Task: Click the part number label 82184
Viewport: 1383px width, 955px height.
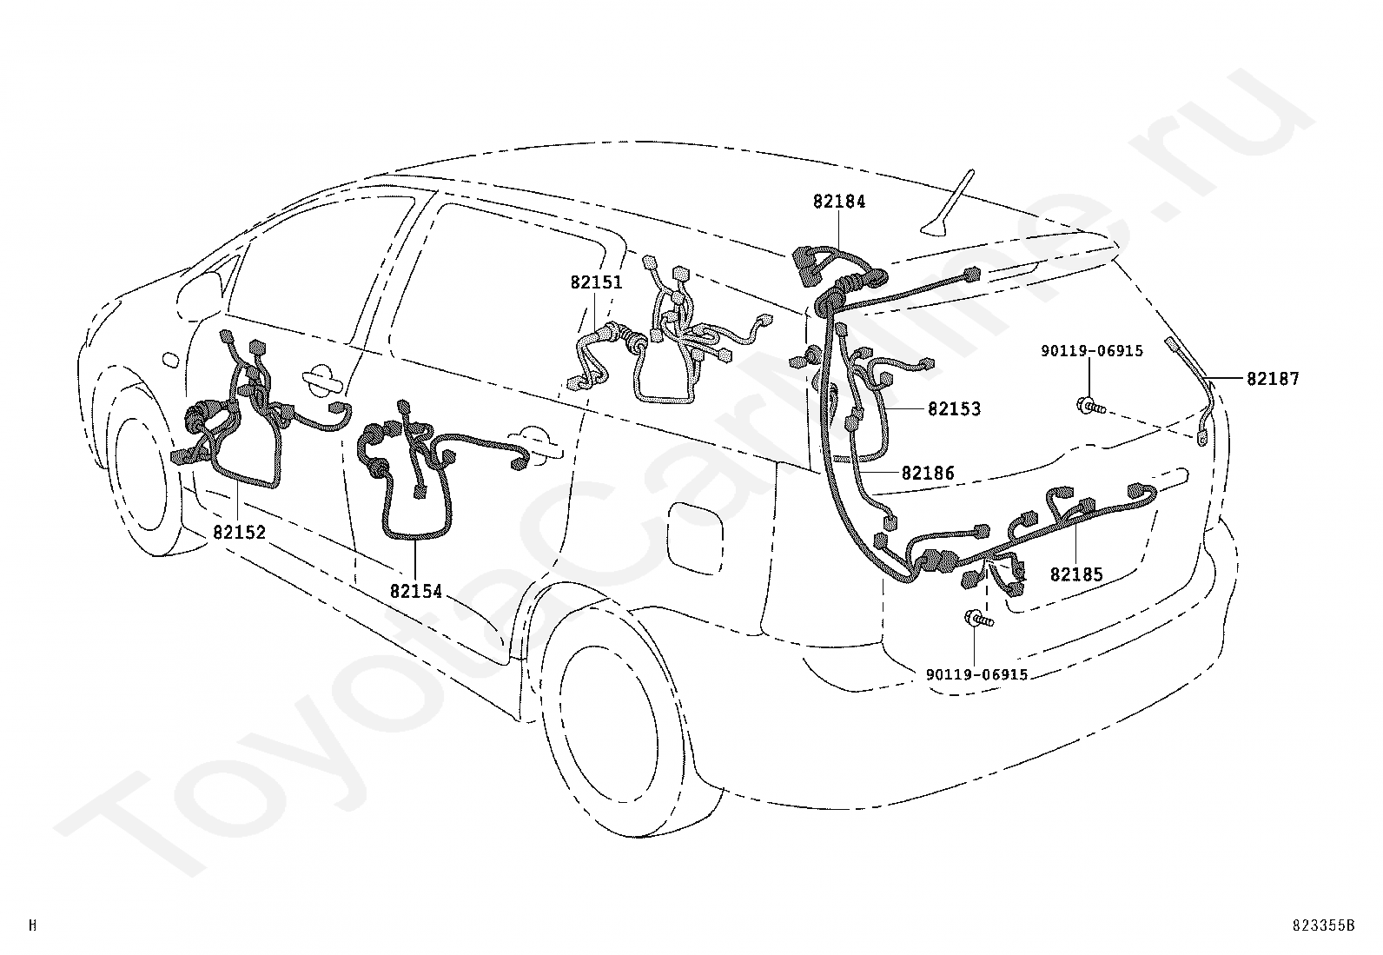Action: pyautogui.click(x=839, y=202)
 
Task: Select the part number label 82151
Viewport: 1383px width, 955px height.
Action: pyautogui.click(x=596, y=283)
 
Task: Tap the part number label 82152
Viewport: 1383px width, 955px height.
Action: pyautogui.click(x=239, y=533)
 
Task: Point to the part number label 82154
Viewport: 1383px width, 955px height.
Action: pyautogui.click(x=416, y=592)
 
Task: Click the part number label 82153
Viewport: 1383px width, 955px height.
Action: pyautogui.click(x=954, y=409)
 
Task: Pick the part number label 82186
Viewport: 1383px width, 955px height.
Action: pyautogui.click(x=928, y=474)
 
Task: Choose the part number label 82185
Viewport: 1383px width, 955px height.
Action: pyautogui.click(x=1076, y=574)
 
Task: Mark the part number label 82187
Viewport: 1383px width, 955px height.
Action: pyautogui.click(x=1273, y=379)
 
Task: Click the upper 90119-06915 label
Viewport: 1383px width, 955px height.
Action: pyautogui.click(x=1092, y=351)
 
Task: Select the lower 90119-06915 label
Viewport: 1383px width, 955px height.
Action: pyautogui.click(x=976, y=674)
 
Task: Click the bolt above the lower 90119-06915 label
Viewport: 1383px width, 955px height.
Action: pyautogui.click(x=976, y=619)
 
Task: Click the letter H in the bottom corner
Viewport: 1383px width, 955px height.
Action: pyautogui.click(x=32, y=925)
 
